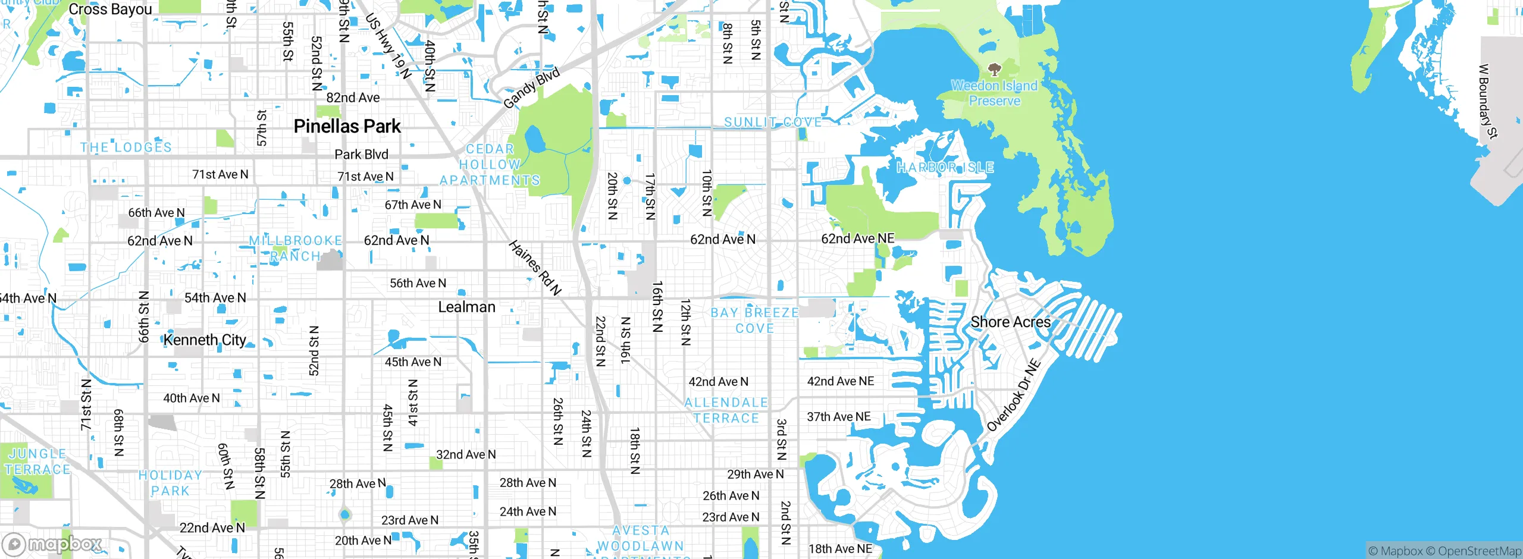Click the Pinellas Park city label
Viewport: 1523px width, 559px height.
(x=347, y=127)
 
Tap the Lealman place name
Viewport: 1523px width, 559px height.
(x=466, y=307)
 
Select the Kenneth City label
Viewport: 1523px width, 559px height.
(x=205, y=340)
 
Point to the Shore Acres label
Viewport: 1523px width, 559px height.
(x=1011, y=322)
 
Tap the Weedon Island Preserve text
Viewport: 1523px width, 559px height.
(x=994, y=93)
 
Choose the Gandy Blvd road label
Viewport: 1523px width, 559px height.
(x=531, y=88)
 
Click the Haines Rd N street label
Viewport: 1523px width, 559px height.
(x=535, y=268)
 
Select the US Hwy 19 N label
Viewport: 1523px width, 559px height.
(x=388, y=46)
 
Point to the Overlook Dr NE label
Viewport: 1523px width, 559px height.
(x=1014, y=395)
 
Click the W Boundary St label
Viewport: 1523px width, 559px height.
(x=1487, y=101)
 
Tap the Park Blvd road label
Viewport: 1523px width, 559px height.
(x=361, y=155)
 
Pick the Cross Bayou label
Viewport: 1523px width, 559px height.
(x=110, y=10)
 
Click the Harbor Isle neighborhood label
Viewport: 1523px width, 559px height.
(x=945, y=168)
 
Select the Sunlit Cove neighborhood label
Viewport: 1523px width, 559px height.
(x=772, y=123)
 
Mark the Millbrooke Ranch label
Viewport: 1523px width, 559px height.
(x=296, y=249)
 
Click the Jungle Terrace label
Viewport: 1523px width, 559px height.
(x=37, y=461)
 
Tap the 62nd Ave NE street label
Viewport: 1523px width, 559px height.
(x=857, y=239)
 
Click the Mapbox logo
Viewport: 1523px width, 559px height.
(x=52, y=544)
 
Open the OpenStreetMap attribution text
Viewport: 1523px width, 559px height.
(x=1480, y=551)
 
